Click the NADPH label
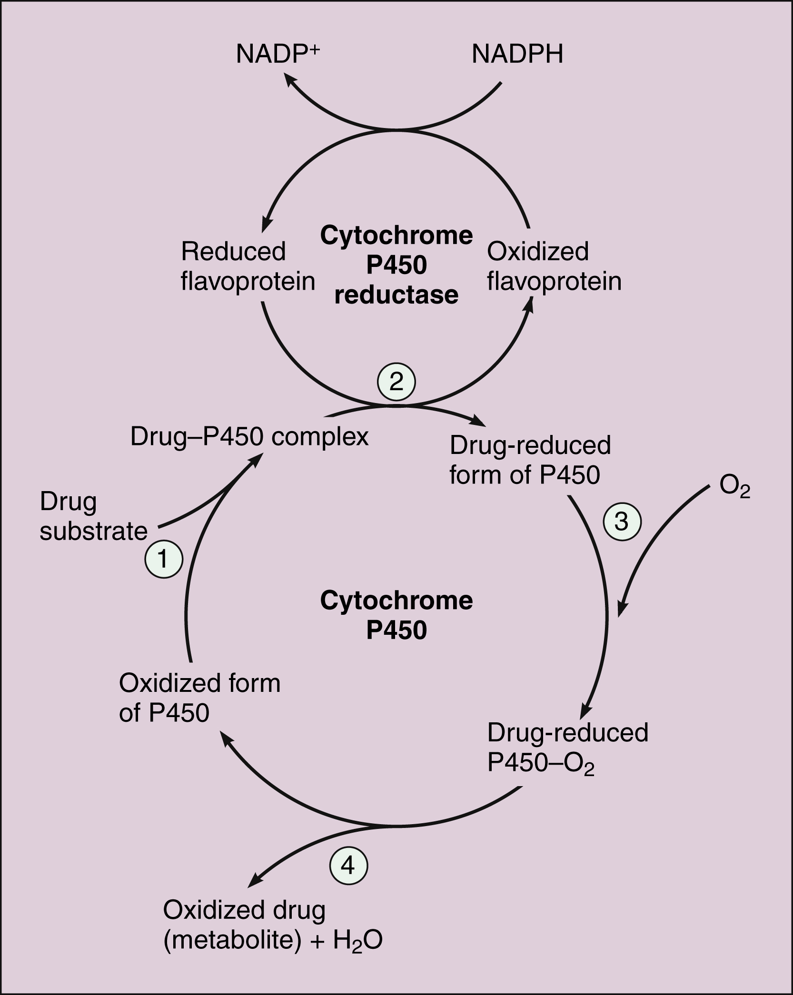click(x=517, y=54)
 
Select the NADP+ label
click(x=278, y=53)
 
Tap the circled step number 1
click(x=164, y=559)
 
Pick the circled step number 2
click(x=396, y=382)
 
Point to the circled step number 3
click(x=622, y=522)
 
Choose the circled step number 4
click(x=348, y=865)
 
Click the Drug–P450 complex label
click(x=249, y=436)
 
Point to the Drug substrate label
click(x=93, y=516)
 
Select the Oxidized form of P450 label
click(x=199, y=698)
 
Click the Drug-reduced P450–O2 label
click(x=567, y=748)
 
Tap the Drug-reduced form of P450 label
click(x=530, y=460)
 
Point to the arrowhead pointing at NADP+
click(x=290, y=79)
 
